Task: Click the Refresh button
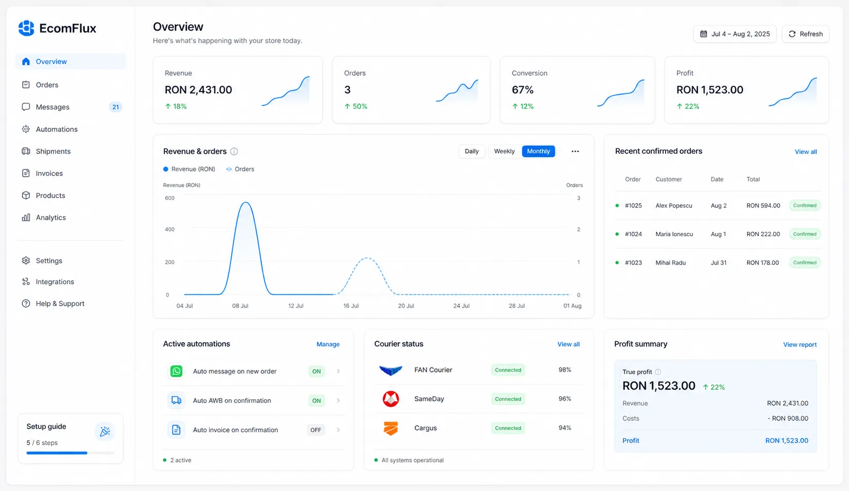tap(805, 34)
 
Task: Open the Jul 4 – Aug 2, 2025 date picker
tap(735, 34)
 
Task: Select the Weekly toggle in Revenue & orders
tap(504, 151)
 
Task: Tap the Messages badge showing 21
tap(115, 107)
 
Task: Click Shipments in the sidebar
tap(53, 151)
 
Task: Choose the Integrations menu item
tap(55, 282)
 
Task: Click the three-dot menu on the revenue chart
tap(575, 151)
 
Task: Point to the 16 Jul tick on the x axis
tap(351, 306)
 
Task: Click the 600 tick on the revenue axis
tap(169, 198)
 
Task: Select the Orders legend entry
tap(240, 169)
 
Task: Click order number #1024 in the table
tap(633, 234)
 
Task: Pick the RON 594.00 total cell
tap(764, 205)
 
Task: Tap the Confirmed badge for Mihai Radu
tap(805, 262)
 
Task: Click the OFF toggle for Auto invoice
tap(315, 430)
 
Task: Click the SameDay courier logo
tap(390, 399)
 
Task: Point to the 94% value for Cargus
tap(565, 428)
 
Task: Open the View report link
tap(800, 344)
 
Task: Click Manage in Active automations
tap(328, 344)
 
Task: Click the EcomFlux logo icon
tap(26, 28)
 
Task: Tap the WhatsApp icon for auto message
tap(176, 371)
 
